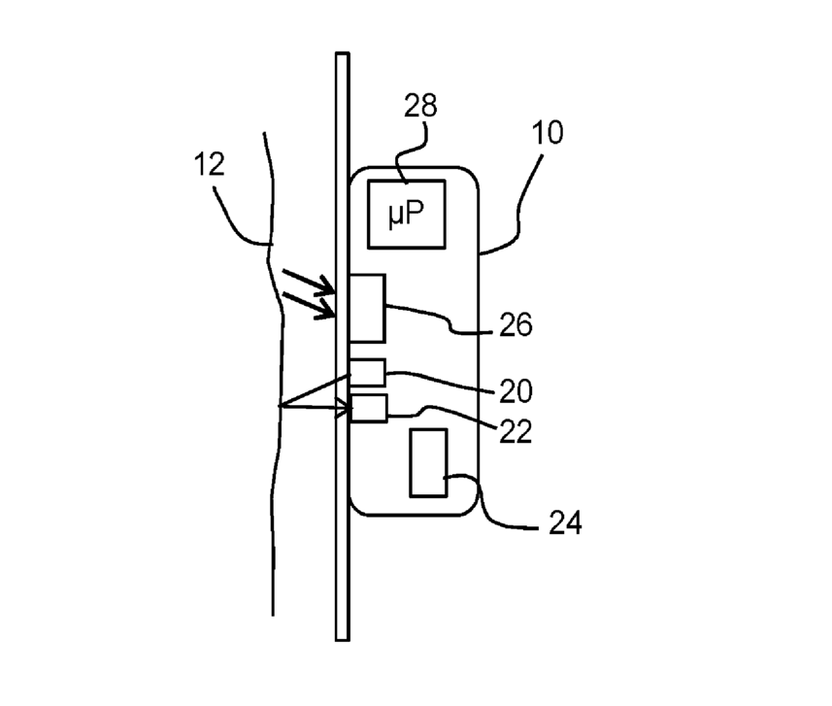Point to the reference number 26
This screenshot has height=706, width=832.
516,324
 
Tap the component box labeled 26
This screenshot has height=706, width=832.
367,307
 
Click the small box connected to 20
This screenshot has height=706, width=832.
367,372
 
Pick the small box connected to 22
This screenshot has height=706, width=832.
368,408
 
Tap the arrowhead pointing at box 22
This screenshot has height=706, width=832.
342,411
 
